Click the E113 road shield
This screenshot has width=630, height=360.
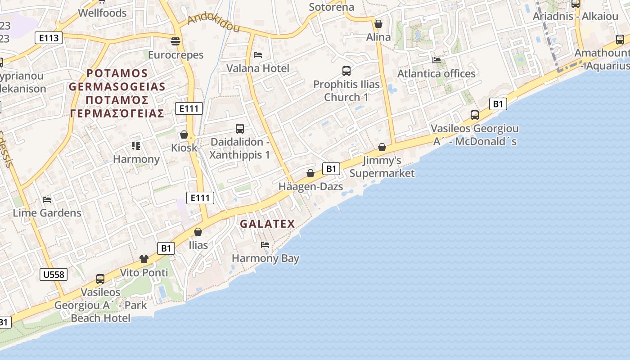click(49, 38)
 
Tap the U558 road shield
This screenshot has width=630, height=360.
click(54, 274)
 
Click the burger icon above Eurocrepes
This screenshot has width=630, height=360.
click(175, 42)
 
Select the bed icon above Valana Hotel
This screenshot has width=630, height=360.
click(258, 55)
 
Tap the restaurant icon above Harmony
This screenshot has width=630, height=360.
click(136, 146)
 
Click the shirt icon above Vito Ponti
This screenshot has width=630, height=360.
click(144, 259)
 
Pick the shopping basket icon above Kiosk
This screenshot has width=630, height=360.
click(184, 135)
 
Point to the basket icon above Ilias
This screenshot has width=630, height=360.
click(198, 232)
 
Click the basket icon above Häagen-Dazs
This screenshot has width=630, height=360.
click(310, 173)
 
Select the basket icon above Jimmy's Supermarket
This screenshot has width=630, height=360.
click(382, 147)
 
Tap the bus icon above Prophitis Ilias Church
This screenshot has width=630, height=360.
click(346, 71)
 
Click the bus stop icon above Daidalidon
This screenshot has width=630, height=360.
click(240, 129)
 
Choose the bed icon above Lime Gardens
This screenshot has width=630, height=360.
click(47, 199)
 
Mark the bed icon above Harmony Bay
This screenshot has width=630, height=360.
click(265, 245)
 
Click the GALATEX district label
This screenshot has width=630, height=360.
click(267, 224)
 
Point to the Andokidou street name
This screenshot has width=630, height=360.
click(213, 23)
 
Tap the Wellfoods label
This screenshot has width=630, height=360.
click(102, 13)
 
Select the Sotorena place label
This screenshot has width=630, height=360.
click(331, 7)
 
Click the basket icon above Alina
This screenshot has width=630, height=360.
click(378, 24)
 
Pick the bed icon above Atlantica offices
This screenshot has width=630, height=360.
click(436, 60)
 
